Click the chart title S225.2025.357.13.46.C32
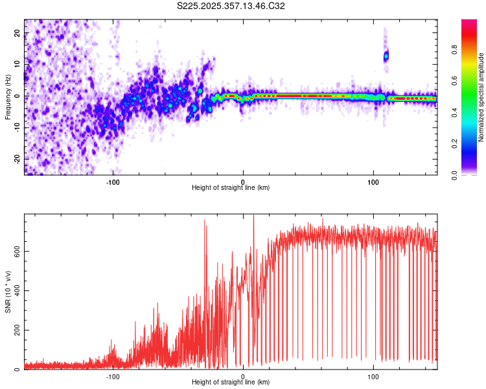(x=231, y=6)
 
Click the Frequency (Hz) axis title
(x=8, y=97)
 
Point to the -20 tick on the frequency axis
(x=17, y=159)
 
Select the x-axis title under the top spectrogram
(x=231, y=188)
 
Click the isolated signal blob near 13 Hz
(x=386, y=56)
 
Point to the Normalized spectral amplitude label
(x=481, y=97)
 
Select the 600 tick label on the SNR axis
(x=16, y=251)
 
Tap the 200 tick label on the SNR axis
(x=16, y=331)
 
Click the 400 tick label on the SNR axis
(x=16, y=291)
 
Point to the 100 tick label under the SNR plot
(x=373, y=376)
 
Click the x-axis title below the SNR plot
(x=231, y=383)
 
